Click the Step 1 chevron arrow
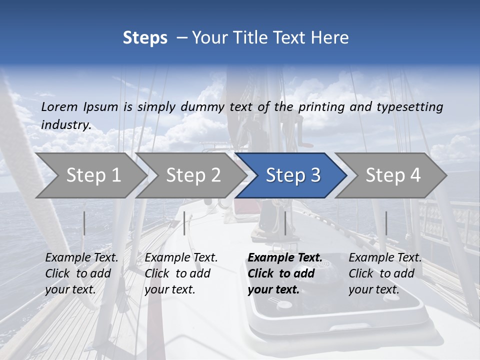click(x=92, y=175)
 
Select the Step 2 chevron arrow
click(x=192, y=175)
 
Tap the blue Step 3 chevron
click(x=292, y=175)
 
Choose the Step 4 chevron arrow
click(x=392, y=175)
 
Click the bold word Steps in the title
click(x=145, y=38)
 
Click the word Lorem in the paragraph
click(x=59, y=106)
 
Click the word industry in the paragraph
click(x=66, y=124)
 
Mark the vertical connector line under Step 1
click(x=84, y=223)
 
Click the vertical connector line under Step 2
click(x=184, y=223)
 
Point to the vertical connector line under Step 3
click(x=285, y=223)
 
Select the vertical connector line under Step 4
click(x=386, y=223)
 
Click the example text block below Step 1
click(x=81, y=273)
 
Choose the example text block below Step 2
click(x=180, y=273)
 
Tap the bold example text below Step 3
click(x=284, y=273)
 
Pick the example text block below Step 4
click(x=384, y=273)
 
